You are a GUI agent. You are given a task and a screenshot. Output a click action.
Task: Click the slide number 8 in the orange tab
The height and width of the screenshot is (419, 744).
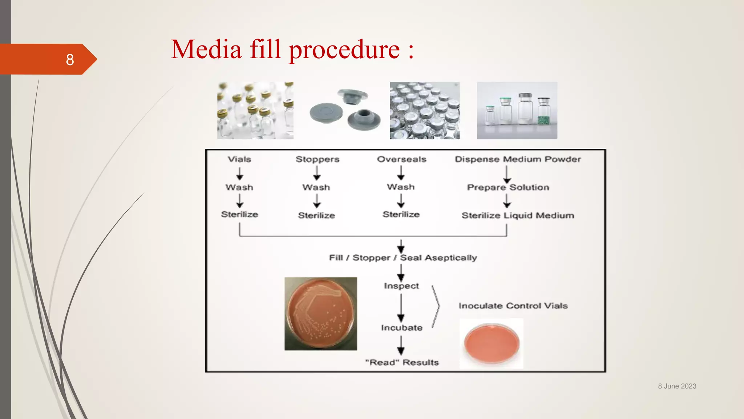click(70, 60)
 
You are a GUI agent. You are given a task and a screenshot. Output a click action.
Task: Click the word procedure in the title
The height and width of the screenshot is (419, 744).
click(344, 50)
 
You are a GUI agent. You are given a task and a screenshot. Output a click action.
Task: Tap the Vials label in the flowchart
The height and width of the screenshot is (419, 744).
click(239, 159)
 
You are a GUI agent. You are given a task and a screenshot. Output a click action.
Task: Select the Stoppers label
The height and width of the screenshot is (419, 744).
click(317, 159)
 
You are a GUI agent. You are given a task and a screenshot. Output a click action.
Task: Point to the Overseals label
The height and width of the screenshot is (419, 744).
click(401, 159)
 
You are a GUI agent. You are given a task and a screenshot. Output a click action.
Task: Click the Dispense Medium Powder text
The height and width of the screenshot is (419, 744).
click(518, 159)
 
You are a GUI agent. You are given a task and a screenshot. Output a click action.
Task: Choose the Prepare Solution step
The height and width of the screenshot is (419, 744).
click(508, 187)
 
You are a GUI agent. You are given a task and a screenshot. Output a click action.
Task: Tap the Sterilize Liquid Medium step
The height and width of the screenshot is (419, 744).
click(518, 215)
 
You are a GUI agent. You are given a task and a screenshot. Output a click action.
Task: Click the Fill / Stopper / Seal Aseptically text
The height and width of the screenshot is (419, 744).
click(403, 258)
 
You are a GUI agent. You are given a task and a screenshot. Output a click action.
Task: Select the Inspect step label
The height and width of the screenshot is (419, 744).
click(401, 286)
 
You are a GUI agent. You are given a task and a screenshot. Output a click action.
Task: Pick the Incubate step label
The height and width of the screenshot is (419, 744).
click(401, 328)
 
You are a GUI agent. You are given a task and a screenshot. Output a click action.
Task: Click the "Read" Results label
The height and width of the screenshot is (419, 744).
click(402, 362)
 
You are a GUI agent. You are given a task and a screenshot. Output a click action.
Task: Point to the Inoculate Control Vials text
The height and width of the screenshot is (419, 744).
click(513, 306)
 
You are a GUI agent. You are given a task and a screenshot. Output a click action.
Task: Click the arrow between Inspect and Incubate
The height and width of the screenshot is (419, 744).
click(401, 307)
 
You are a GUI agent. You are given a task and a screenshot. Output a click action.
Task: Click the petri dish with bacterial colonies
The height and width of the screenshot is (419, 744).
click(320, 314)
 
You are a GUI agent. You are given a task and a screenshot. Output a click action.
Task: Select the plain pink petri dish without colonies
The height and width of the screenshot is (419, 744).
click(491, 343)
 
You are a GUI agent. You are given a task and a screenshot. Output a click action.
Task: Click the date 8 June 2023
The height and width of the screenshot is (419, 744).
click(677, 386)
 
